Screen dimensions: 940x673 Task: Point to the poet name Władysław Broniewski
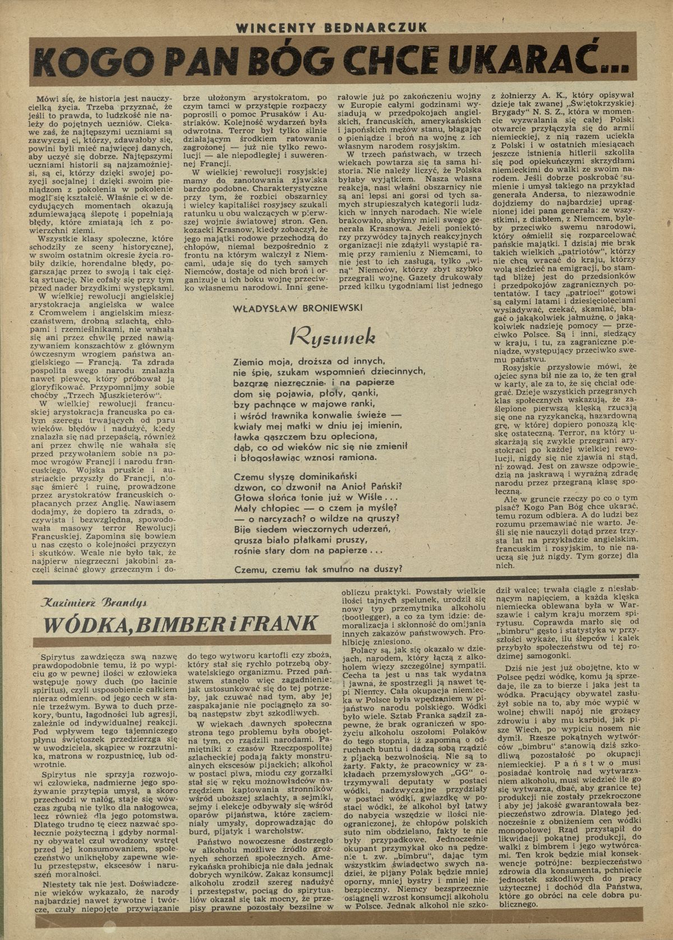pyautogui.click(x=298, y=308)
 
